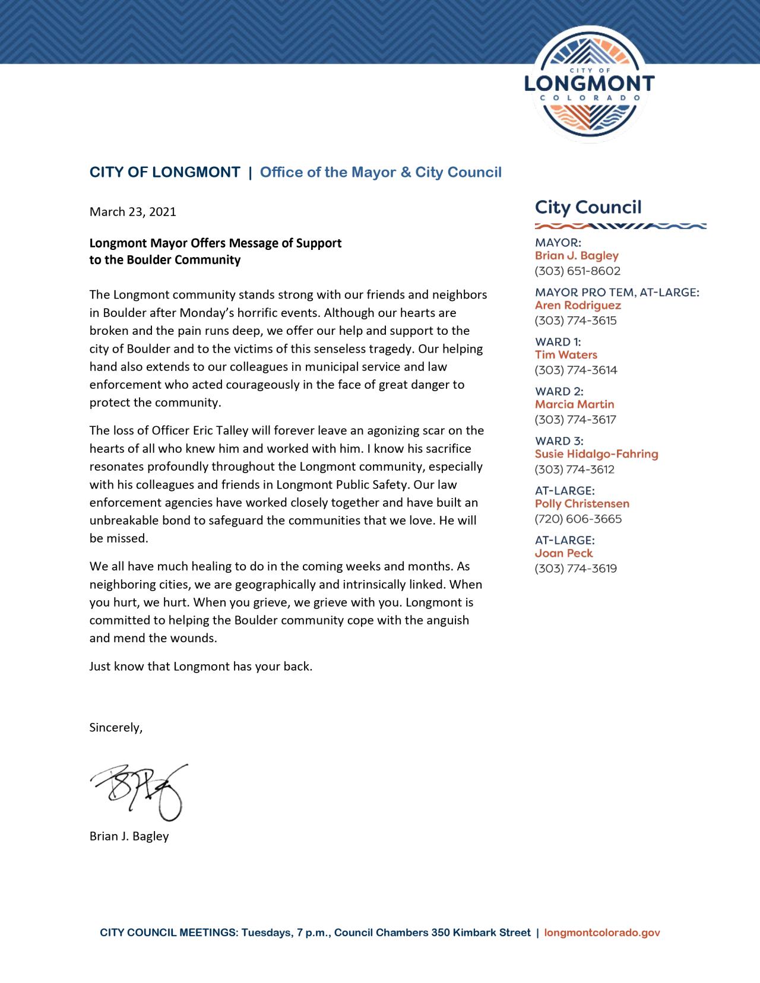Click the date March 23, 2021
pos(132,212)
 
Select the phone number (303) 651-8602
pos(577,271)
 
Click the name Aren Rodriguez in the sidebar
pos(578,306)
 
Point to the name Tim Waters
pos(566,355)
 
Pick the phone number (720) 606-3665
pos(578,519)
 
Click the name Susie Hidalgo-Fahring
pos(596,454)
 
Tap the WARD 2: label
pos(559,392)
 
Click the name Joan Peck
pos(563,553)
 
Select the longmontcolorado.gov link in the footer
pos(602,933)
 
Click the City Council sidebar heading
pos(588,207)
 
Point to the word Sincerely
pos(116,727)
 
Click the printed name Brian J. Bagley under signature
pos(129,836)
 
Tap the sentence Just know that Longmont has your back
pos(201,666)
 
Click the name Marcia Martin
pos(574,404)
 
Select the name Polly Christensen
pos(582,504)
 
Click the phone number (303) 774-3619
pos(575,569)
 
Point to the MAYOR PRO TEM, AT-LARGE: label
pos(617,293)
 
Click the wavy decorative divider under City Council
pos(620,226)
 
